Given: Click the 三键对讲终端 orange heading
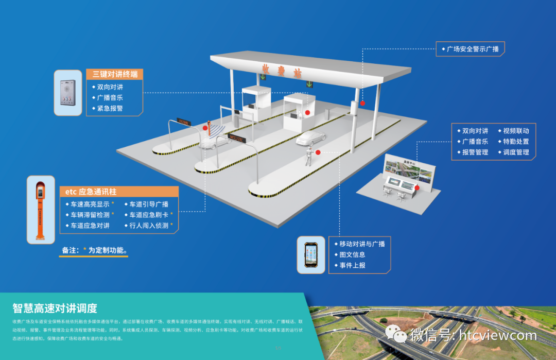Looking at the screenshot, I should point(114,74).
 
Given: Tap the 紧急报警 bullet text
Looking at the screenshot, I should point(110,109).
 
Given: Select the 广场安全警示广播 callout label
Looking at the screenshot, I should point(473,49).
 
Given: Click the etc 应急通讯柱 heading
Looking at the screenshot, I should point(91,192).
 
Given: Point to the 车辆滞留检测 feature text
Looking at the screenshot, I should point(90,215).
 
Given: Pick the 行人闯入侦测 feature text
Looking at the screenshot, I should point(149,226).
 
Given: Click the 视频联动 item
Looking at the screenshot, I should point(516,131).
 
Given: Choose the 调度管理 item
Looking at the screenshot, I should point(516,152).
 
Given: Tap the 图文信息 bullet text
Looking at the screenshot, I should point(352,254).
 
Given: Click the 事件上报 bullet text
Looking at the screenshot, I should point(352,265).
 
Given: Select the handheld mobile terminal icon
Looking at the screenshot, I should point(311,254).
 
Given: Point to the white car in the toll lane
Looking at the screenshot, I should point(311,138).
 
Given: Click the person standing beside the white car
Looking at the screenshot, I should point(309,156).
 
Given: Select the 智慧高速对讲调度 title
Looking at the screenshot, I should point(55,308).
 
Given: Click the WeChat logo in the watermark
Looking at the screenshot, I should point(399,336).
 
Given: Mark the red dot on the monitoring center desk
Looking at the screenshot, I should point(418,188).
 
